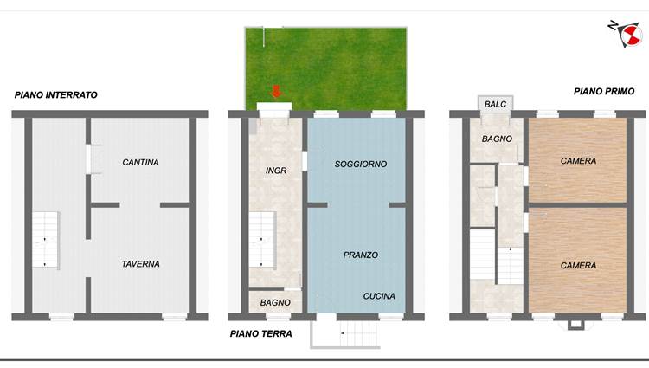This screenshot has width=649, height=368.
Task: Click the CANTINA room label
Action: pyautogui.click(x=140, y=162)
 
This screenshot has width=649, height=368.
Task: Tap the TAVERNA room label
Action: pyautogui.click(x=140, y=264)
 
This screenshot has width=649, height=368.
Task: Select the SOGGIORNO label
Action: pyautogui.click(x=361, y=164)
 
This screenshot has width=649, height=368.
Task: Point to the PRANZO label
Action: pyautogui.click(x=361, y=255)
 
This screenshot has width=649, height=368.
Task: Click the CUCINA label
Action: pyautogui.click(x=379, y=296)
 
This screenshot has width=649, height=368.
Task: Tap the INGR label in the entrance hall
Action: pyautogui.click(x=276, y=171)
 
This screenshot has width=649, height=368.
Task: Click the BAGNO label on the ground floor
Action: pyautogui.click(x=275, y=302)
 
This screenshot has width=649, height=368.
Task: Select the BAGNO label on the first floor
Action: pyautogui.click(x=497, y=139)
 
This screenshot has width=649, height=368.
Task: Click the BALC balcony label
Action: pyautogui.click(x=495, y=104)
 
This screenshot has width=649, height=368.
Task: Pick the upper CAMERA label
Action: pyautogui.click(x=578, y=160)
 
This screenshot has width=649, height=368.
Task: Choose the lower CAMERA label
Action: pyautogui.click(x=578, y=265)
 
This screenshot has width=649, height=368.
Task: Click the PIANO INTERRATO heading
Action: pyautogui.click(x=56, y=94)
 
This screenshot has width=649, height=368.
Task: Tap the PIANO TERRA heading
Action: pyautogui.click(x=260, y=333)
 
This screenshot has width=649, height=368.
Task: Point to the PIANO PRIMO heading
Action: pyautogui.click(x=604, y=92)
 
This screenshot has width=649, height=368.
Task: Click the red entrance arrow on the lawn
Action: pyautogui.click(x=276, y=92)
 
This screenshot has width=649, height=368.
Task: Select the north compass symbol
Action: pyautogui.click(x=626, y=34)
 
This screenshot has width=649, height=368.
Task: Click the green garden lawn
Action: pyautogui.click(x=326, y=68)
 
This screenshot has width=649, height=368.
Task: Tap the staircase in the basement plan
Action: pyautogui.click(x=46, y=240)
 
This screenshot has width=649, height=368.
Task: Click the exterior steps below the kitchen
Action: pyautogui.click(x=344, y=334)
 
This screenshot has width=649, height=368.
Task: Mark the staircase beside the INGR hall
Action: pyautogui.click(x=262, y=240)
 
